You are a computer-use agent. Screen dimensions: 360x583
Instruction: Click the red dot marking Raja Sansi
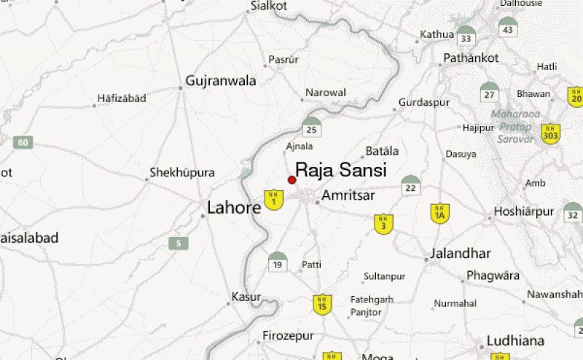tap(292, 180)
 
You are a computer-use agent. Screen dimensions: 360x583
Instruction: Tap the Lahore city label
tap(234, 208)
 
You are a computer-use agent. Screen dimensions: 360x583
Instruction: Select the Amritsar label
tap(348, 196)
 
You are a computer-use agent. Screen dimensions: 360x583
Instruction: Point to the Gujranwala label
tap(221, 81)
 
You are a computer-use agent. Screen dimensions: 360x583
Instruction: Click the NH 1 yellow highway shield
tap(273, 200)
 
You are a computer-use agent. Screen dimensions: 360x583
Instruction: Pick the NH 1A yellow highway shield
tap(439, 213)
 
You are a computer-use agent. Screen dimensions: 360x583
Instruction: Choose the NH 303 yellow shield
tap(550, 133)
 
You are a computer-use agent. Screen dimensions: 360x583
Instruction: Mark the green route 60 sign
tap(23, 142)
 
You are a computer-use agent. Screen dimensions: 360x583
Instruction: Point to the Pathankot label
tap(472, 58)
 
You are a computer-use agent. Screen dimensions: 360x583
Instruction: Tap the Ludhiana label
tap(517, 340)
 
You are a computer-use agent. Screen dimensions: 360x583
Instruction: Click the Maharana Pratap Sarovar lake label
tap(515, 126)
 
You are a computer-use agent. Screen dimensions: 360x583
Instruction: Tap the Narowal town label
tap(326, 93)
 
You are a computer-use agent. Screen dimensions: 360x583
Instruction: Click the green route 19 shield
tap(277, 261)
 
